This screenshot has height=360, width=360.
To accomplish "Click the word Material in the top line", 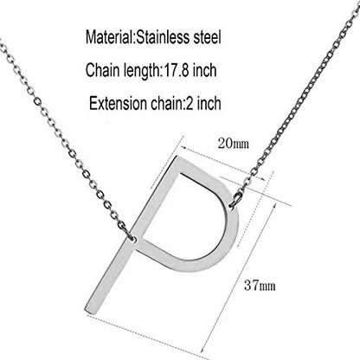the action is [109, 37].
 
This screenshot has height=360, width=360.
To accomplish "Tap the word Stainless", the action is [163, 37].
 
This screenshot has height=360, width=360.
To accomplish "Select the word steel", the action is [207, 37].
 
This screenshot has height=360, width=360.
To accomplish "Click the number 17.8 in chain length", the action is [175, 70].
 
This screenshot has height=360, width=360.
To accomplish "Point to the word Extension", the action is [118, 103].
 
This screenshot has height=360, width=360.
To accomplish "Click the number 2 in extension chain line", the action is [190, 103].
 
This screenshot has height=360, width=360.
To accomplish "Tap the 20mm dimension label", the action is [234, 144].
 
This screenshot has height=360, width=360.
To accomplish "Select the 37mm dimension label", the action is [260, 286].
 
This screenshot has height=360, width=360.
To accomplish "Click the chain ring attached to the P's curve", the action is [235, 199].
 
